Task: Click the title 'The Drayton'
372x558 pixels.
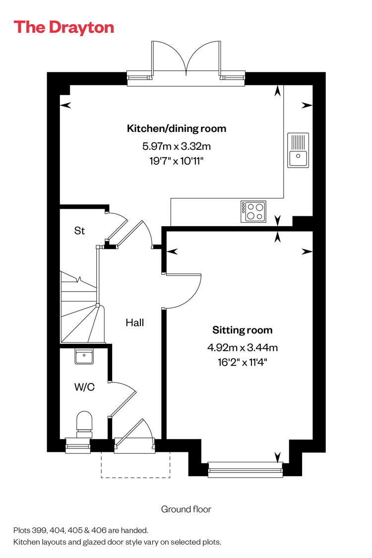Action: coord(63,27)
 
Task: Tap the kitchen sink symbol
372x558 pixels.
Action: coord(298,150)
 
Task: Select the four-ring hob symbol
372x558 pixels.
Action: coord(253,211)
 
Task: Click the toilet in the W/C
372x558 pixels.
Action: coord(84,424)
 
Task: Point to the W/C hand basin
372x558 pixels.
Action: coord(84,356)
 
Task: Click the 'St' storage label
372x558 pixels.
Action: coord(79,231)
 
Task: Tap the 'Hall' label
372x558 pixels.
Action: coord(134,322)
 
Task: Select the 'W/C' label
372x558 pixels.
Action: coord(84,387)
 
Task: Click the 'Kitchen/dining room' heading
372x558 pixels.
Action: coord(177,128)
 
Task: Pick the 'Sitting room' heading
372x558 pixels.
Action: coord(243,330)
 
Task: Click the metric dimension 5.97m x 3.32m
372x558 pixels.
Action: coord(177,146)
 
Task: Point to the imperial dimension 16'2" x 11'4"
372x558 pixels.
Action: coord(243,362)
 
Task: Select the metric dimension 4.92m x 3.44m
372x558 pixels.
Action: coord(243,347)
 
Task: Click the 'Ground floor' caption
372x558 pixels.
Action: coord(186,509)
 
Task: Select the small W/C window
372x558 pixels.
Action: coord(78,446)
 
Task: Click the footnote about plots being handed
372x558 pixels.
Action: coord(81,530)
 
